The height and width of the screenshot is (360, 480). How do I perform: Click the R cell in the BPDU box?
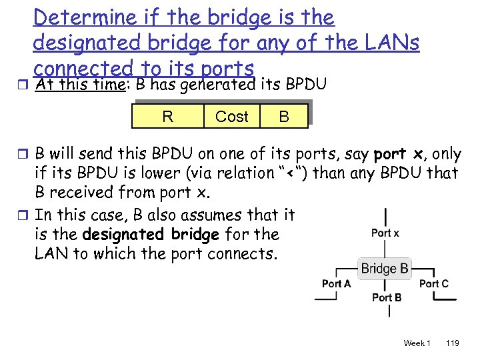pos(167,117)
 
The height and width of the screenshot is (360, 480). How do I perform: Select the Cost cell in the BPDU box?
pos(231,117)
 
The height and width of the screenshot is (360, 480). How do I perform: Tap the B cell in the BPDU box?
pos(284,117)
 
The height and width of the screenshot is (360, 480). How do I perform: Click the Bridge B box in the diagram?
pos(385,269)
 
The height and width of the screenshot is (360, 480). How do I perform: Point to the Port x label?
pos(385,233)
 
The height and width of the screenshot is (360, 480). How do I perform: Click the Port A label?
pos(336,283)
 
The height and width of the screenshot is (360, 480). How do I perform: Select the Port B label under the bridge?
pos(387,297)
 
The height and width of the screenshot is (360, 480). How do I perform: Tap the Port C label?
pos(433,283)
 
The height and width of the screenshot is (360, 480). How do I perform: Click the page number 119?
pos(452,343)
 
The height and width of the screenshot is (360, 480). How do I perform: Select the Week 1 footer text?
pos(417,343)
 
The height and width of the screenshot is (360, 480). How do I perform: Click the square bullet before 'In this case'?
pos(25,216)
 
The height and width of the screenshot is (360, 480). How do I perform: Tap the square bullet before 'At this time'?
pos(25,85)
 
